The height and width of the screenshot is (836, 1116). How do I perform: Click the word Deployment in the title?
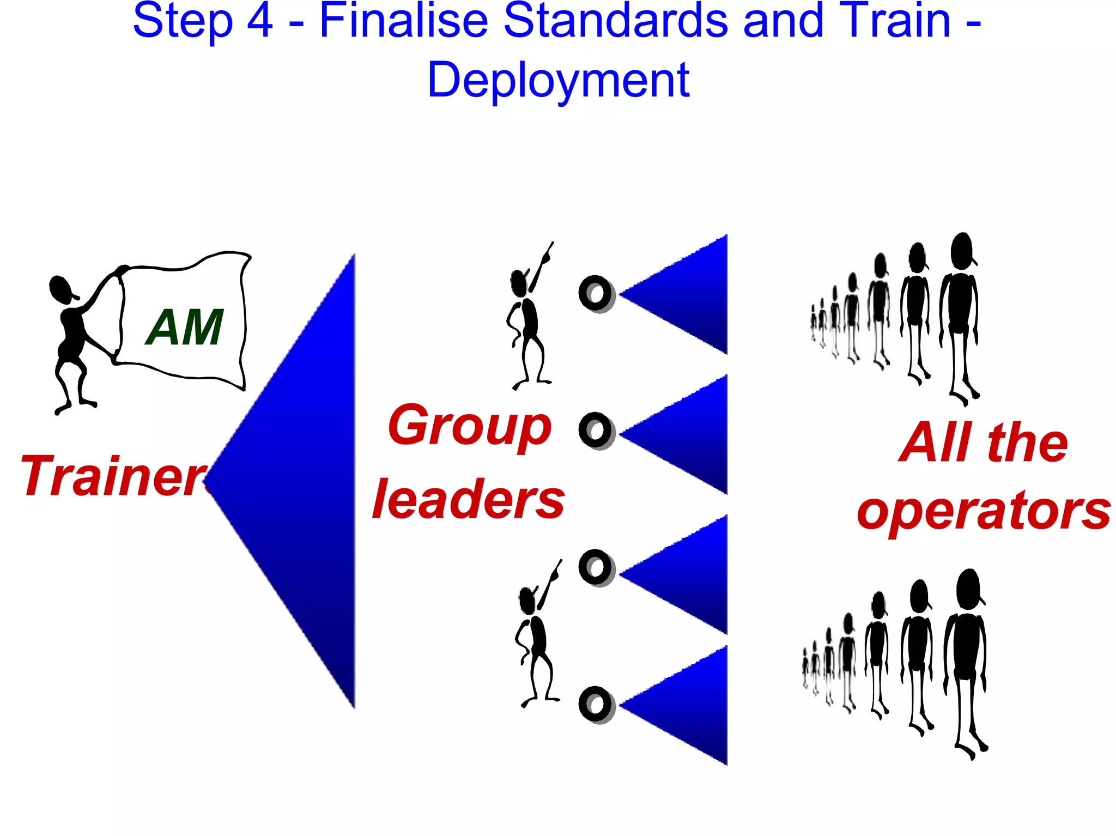pyautogui.click(x=559, y=80)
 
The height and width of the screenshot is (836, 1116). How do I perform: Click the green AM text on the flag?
pyautogui.click(x=185, y=327)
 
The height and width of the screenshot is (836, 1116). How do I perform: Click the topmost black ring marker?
pyautogui.click(x=596, y=294)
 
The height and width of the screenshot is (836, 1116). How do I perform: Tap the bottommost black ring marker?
pyautogui.click(x=596, y=705)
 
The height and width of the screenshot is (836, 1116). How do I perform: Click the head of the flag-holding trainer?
pyautogui.click(x=61, y=288)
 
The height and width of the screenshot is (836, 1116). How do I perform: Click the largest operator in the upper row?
pyautogui.click(x=960, y=316)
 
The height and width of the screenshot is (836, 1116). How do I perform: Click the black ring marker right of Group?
pyautogui.click(x=596, y=431)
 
